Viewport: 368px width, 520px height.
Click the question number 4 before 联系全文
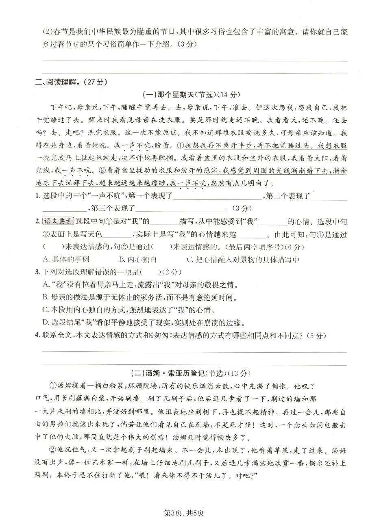tap(37, 335)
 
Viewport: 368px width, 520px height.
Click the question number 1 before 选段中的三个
tap(37, 197)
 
